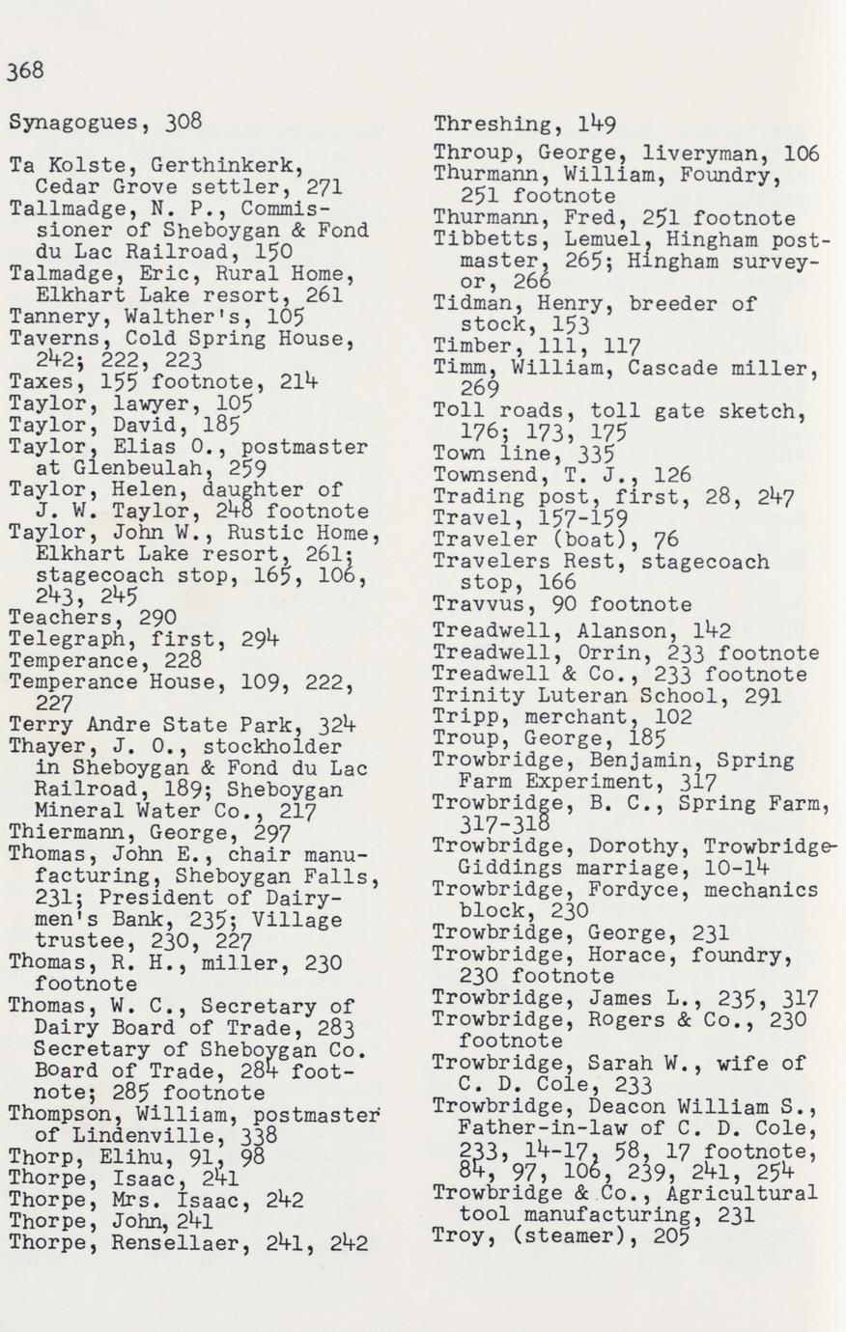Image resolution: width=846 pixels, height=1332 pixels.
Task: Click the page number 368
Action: click(26, 71)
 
